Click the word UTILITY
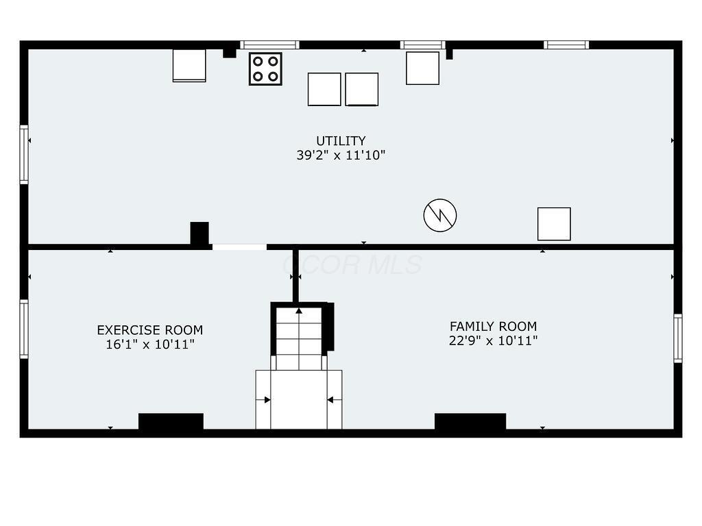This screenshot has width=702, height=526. point(341,141)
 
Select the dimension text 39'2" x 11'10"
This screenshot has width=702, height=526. point(341,155)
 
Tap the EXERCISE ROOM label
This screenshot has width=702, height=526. point(149,330)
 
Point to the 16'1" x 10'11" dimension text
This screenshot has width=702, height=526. point(149,345)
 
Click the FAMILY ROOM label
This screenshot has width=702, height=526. point(493,327)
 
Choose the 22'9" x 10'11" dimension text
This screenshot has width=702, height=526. point(493,341)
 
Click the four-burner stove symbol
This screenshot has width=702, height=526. point(265,68)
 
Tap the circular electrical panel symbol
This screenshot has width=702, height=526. point(440,216)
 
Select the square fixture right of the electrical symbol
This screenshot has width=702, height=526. point(554,224)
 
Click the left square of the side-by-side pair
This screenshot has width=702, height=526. point(324,89)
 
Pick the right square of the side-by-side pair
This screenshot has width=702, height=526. point(361,89)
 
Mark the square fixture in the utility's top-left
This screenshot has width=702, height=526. point(189,66)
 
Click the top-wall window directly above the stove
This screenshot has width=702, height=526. point(269,45)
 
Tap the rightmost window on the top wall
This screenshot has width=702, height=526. point(566,45)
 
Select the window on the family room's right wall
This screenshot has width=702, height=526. point(677,338)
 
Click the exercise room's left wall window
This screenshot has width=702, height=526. point(24,329)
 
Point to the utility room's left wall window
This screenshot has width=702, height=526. point(24,154)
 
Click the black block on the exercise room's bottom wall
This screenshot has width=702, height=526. point(171,421)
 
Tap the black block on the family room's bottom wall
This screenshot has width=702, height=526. point(470,421)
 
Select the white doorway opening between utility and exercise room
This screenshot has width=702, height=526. point(239,247)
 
